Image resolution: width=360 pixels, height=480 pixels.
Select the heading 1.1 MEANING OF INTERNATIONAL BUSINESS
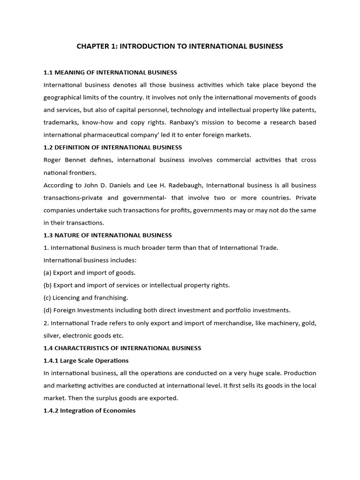coord(110,72)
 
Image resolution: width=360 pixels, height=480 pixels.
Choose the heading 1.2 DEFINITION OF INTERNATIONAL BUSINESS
coord(112,147)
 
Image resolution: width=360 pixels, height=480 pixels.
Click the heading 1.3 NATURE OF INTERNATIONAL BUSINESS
coord(107,235)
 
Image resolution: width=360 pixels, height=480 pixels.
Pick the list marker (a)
coord(47,272)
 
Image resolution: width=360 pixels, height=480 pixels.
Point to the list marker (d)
coord(48,310)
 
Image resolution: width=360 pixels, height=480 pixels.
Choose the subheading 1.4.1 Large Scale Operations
coord(86,360)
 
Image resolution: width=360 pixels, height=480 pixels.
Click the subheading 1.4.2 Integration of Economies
coord(90,410)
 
